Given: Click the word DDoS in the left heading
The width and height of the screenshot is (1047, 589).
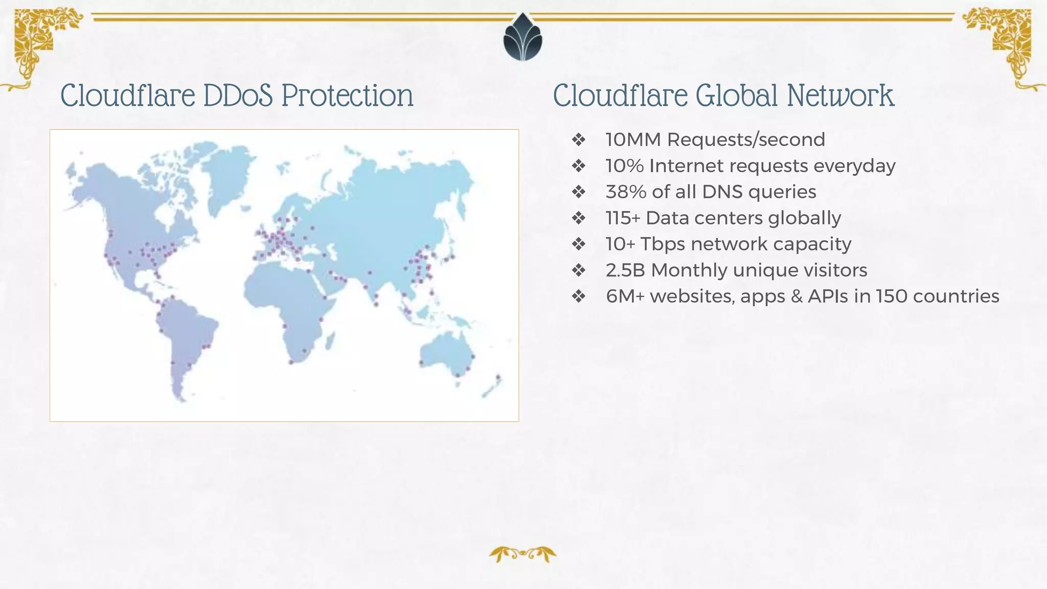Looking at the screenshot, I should coord(238,96).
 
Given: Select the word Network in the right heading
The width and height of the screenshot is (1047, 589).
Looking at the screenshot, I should coord(840,96).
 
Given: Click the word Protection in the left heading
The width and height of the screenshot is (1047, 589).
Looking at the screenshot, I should coord(347,96).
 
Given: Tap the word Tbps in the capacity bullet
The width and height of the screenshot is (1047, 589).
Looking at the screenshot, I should coord(662,244).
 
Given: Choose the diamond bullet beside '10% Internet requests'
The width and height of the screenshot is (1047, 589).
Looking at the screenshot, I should coord(578,166).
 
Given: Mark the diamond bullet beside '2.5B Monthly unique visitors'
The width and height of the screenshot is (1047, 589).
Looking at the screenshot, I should coord(578,270).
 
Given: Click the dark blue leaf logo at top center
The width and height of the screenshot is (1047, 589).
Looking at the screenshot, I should coord(522,38).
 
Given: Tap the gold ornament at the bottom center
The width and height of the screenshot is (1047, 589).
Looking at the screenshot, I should coord(522,554).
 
